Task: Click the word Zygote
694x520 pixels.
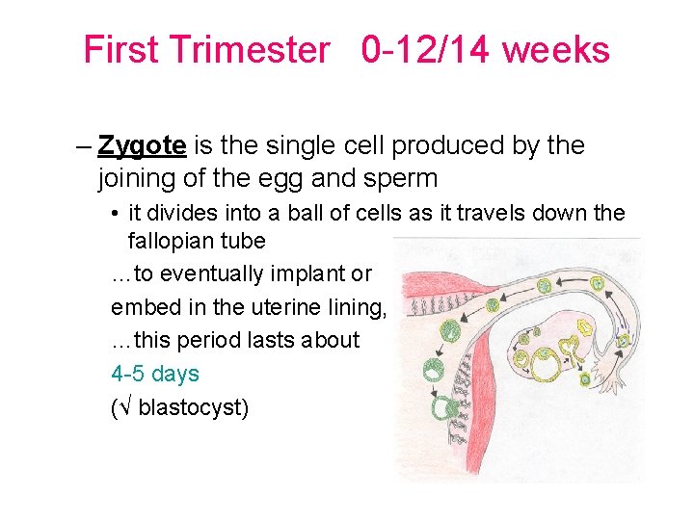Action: point(142,145)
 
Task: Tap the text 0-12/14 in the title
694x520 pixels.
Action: point(425,50)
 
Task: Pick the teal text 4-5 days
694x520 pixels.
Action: point(155,374)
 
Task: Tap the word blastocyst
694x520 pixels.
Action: point(194,407)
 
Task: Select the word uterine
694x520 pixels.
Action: point(270,307)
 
